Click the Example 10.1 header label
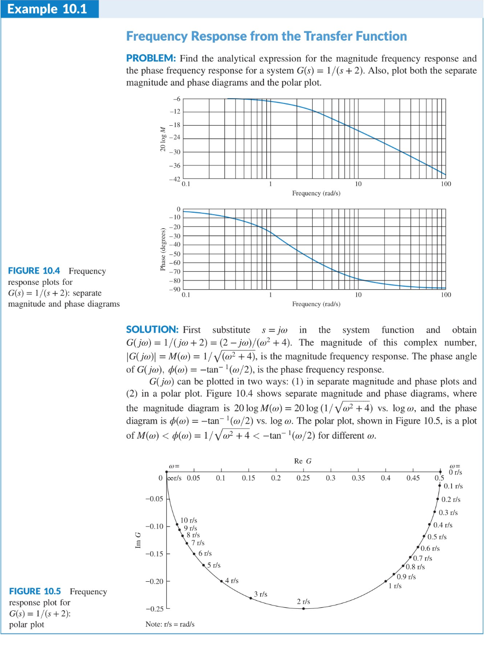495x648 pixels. (47, 9)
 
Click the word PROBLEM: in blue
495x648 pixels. (151, 58)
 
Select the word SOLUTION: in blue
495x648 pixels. (152, 329)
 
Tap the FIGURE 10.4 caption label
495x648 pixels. (34, 271)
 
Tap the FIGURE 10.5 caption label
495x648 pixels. (35, 591)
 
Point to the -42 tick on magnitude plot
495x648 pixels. (175, 179)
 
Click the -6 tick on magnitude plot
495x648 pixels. (176, 99)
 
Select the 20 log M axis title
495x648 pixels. (163, 139)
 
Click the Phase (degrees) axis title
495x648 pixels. (163, 249)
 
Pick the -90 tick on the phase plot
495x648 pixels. (175, 289)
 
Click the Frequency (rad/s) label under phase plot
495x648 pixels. (316, 304)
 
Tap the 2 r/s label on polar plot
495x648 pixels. (304, 602)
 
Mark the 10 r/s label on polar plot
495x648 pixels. (189, 520)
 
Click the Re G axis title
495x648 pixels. (303, 461)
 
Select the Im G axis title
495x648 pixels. (138, 540)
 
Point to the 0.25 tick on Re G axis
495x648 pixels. (303, 478)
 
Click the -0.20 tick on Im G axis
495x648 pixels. (155, 581)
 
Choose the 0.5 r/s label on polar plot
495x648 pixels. (437, 537)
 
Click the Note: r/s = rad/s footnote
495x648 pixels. (170, 624)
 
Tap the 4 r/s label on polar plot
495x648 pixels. (232, 580)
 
